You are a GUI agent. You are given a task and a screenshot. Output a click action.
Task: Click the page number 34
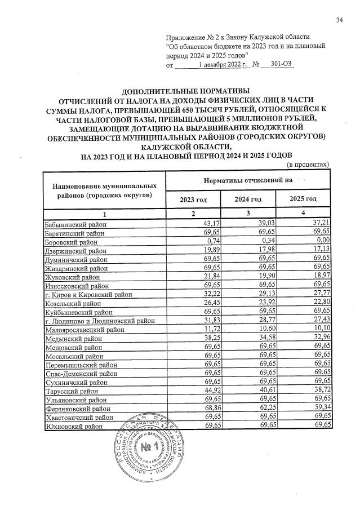[x=339, y=20]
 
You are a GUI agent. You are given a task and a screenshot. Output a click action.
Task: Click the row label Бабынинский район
[x=73, y=224]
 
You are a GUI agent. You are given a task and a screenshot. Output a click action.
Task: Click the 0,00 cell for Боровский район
[x=321, y=242]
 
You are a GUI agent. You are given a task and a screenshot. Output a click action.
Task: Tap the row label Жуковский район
[x=70, y=278]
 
